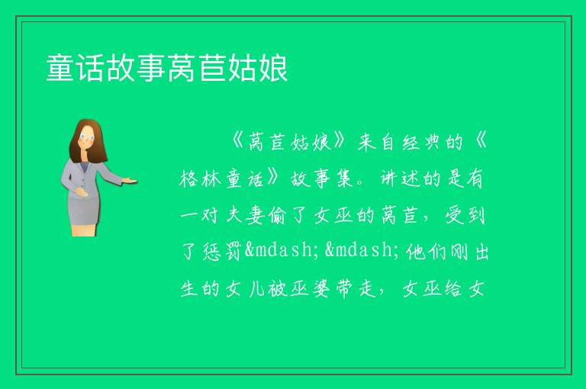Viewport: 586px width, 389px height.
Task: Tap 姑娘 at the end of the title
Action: click(258, 68)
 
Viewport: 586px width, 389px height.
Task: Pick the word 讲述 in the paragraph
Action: click(401, 178)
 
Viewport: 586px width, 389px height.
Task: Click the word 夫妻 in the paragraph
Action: click(246, 215)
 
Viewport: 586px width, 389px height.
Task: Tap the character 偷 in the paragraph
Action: click(277, 215)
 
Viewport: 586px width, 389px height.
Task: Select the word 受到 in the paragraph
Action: click(465, 215)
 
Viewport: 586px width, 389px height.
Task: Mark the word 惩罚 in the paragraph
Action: click(222, 251)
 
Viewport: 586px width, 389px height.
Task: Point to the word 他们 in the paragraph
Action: click(426, 251)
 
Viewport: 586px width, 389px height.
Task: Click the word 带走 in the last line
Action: click(356, 288)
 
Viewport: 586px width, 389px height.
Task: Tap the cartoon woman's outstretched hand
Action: click(130, 181)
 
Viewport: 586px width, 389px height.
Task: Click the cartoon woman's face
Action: click(87, 137)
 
